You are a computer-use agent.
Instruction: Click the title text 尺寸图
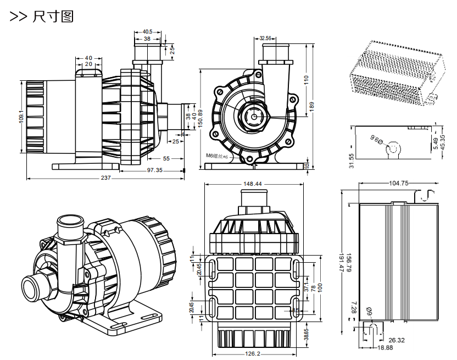(x=53, y=16)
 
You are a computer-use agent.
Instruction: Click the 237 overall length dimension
(x=106, y=178)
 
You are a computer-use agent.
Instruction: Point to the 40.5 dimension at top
(x=147, y=32)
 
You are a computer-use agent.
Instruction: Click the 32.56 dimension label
(x=266, y=38)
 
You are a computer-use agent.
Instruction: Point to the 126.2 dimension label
(x=252, y=353)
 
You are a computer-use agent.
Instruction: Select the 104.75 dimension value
(x=398, y=184)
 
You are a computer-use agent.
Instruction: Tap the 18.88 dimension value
(x=386, y=347)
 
